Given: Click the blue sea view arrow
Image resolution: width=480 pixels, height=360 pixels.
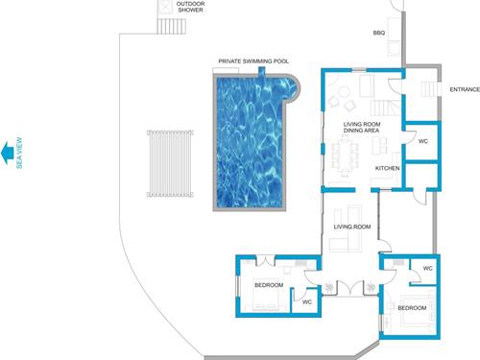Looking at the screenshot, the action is pos(7,153).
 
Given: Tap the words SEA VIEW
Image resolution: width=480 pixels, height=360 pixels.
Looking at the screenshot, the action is pos(19,153).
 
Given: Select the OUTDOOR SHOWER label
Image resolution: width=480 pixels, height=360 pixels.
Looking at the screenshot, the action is pos(190,7).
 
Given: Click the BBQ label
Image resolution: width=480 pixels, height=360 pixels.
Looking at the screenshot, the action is pos(379,33).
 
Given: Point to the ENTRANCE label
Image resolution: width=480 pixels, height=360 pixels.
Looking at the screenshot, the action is pos(465,89).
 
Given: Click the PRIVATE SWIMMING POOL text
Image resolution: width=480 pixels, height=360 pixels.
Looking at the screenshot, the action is pos(253,61).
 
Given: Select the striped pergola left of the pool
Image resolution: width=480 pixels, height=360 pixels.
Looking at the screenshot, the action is pos(170,163).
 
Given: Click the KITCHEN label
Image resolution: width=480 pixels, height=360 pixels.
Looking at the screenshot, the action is pos(387,168).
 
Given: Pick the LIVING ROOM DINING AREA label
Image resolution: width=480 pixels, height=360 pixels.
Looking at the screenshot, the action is pos(362,127).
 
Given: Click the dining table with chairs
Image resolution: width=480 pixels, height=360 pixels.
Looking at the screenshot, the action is pos(345,156).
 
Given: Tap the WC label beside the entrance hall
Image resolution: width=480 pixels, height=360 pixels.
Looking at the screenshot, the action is pos(423,141).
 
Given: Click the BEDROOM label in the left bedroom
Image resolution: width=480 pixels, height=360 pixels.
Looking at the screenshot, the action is pos(269,285).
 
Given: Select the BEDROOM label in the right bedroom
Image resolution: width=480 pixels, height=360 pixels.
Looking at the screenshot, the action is pos(412,308).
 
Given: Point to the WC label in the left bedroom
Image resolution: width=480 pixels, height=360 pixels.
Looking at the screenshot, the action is pos(307,301).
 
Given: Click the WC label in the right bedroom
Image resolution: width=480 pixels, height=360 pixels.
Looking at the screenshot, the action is pos(427,268).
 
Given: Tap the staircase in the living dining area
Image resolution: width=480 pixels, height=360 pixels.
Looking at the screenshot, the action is pos(386,108).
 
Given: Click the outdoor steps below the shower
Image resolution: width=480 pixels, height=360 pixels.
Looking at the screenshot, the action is pos(172,26).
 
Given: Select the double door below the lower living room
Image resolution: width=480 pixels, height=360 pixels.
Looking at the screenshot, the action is pos(350,287).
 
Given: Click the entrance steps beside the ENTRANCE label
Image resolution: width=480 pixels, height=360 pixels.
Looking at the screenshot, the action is pos(429,89).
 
